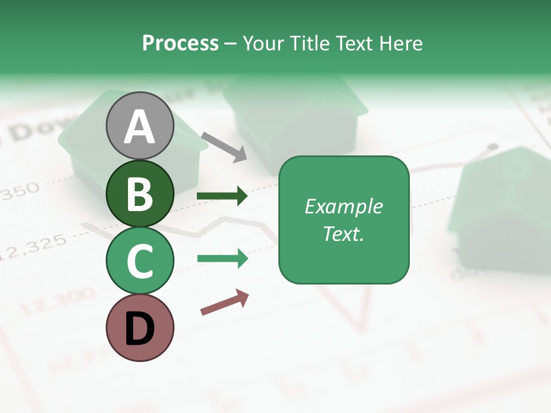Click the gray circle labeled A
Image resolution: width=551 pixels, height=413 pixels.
pos(139,126)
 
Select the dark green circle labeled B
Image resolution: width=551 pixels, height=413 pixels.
pos(139,193)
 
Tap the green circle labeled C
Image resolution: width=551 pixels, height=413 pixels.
pos(139,261)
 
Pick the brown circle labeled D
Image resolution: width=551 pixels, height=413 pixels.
pos(139,328)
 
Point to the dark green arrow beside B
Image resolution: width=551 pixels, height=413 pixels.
pos(222,196)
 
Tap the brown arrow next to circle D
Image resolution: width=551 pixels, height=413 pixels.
pos(224,303)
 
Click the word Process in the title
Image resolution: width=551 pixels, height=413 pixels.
pos(180,43)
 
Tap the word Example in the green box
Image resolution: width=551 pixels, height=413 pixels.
pos(343,206)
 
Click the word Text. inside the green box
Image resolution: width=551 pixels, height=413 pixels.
pos(343,234)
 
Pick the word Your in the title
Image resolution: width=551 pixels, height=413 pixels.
pos(264,43)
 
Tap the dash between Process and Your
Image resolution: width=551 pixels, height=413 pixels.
pos(230,44)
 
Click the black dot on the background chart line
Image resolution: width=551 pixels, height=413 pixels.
pos(492,147)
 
